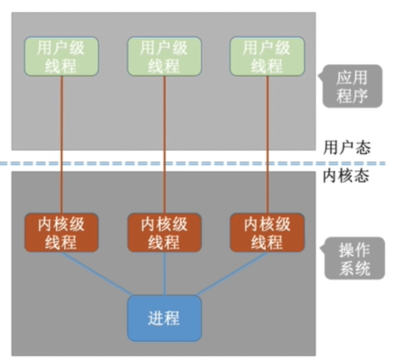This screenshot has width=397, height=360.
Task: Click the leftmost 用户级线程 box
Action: coord(62,57)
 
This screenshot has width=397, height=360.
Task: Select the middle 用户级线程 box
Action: coord(164,57)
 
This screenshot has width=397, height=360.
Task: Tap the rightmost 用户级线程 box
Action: coord(267,57)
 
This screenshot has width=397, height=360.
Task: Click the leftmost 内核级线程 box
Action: coord(62,232)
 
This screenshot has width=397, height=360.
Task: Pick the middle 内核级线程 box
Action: coord(164,232)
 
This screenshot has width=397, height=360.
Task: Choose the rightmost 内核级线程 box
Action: coord(267,232)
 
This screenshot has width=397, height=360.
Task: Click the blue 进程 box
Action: coord(164,317)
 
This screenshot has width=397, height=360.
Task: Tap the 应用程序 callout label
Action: coord(352,86)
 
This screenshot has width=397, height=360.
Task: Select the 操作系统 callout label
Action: coord(354,258)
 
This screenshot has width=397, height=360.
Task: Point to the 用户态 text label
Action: coord(346,147)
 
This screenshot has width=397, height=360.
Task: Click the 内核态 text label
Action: coord(346,177)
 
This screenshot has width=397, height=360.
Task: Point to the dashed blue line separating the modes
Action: coord(183,164)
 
